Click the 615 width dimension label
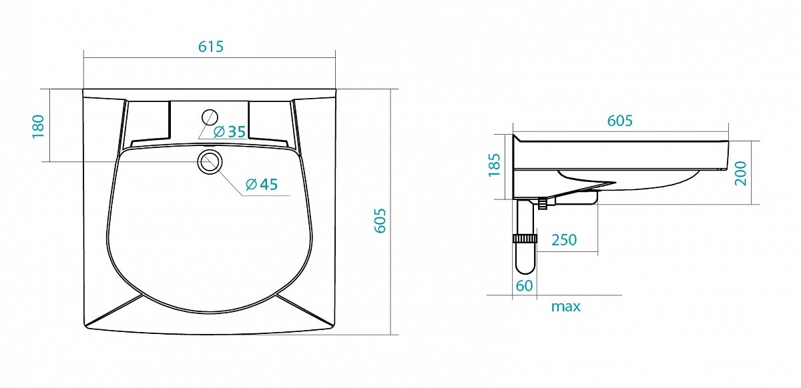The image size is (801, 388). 211,47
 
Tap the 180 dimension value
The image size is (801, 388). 38,126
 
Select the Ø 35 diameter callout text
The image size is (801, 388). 230,131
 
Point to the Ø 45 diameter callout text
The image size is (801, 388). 262,185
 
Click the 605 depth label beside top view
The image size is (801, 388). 380,221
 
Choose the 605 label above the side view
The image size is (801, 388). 619,121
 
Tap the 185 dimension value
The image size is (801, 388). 494,165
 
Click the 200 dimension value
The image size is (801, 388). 741,173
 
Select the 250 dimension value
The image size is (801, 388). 564,240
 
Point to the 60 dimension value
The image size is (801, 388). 524,286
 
